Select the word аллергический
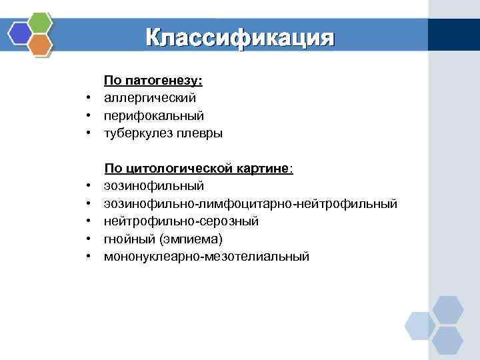click(149, 98)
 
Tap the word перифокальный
click(153, 116)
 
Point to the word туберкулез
click(139, 133)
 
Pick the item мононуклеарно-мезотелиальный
click(206, 255)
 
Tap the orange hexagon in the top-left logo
click(41, 44)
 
